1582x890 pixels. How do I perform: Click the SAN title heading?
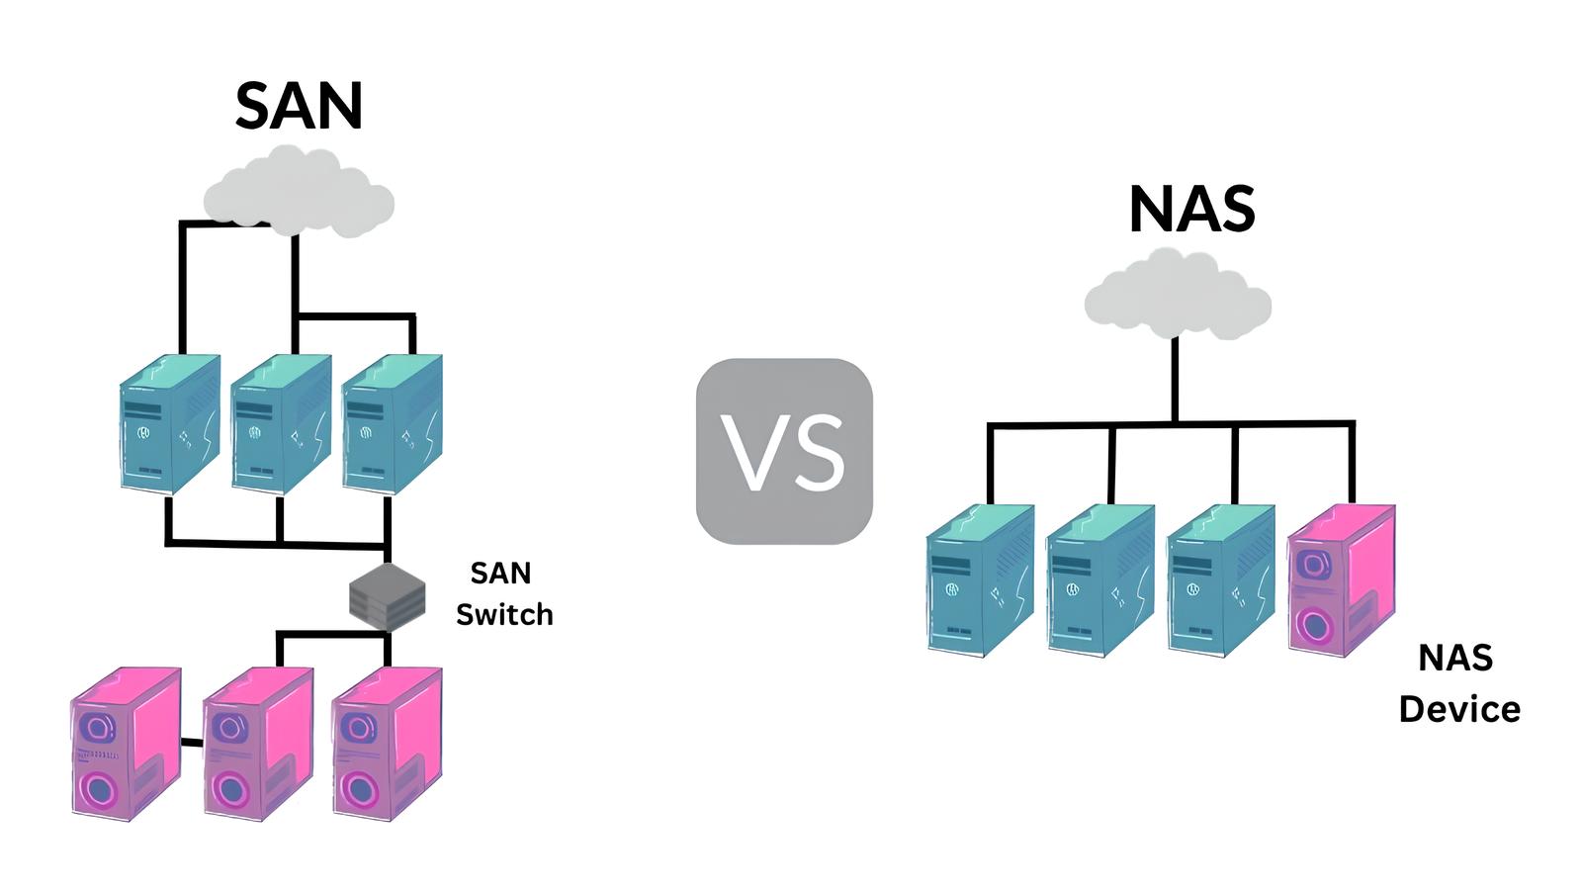tap(299, 105)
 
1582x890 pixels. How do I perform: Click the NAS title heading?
tap(1191, 209)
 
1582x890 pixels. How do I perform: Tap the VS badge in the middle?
tap(784, 451)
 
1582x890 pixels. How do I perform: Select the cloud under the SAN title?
tap(299, 193)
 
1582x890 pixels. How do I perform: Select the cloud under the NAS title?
tap(1177, 295)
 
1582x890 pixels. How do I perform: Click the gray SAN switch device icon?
tap(388, 596)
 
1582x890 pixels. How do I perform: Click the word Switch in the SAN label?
tap(504, 615)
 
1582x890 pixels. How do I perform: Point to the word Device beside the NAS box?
tap(1459, 709)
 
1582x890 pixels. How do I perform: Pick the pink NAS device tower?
tap(1341, 579)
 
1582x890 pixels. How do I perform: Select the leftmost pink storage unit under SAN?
tap(126, 744)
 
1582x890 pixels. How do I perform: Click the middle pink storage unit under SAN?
tap(257, 744)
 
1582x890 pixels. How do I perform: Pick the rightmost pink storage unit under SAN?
tap(387, 744)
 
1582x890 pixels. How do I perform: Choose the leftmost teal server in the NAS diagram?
tap(980, 581)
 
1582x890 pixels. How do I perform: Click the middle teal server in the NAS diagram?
tap(1099, 581)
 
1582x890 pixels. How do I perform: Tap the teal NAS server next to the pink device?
tap(1220, 581)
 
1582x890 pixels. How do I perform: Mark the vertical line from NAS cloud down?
tap(1175, 381)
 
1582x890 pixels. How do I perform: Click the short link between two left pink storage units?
tap(192, 742)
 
